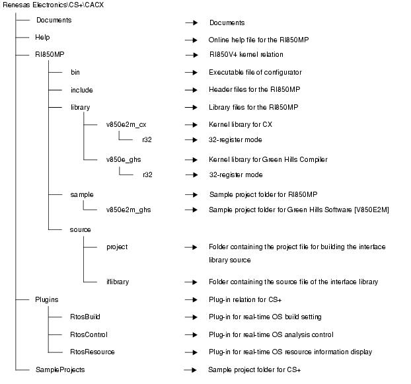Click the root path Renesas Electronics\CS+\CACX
tap(53, 5)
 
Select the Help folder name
tap(42, 38)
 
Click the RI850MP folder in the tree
tap(50, 55)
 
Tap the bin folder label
tap(75, 72)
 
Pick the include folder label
tap(81, 90)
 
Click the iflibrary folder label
tap(118, 282)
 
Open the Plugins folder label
tap(47, 299)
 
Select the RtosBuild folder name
tap(85, 317)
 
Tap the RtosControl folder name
tap(89, 334)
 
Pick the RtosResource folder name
tap(93, 352)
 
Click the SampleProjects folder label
tap(60, 369)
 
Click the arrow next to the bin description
tap(191, 72)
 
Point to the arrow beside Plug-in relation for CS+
tap(191, 299)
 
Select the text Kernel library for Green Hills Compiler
tap(268, 159)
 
